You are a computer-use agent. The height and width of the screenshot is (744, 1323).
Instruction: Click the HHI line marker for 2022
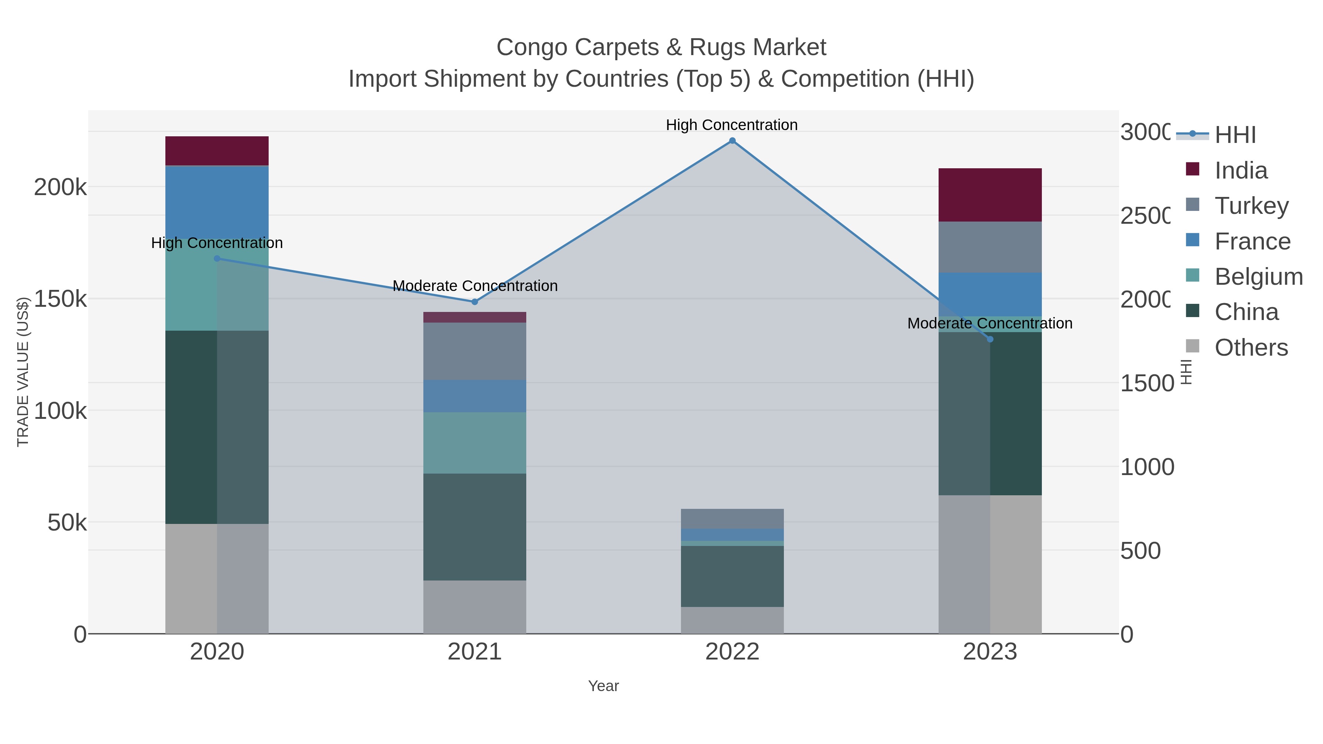[x=732, y=141]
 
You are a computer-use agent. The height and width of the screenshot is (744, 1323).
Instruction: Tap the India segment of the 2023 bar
[x=990, y=195]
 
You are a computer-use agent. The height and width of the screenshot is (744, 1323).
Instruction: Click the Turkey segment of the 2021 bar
[x=474, y=351]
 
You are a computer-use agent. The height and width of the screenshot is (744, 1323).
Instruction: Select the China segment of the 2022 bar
[x=732, y=576]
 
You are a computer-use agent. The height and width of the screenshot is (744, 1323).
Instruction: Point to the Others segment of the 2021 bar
[x=474, y=607]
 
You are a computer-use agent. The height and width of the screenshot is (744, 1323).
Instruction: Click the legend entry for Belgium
[x=1258, y=276]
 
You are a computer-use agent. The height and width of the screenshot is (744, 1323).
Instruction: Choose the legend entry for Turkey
[x=1251, y=205]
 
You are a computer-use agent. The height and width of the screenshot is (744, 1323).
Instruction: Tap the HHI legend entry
[x=1235, y=134]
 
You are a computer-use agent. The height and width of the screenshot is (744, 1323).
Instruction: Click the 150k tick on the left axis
[x=60, y=299]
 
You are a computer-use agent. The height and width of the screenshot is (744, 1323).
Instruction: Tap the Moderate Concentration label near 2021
[x=474, y=285]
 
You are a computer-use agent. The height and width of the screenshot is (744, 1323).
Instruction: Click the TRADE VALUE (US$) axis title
[x=22, y=372]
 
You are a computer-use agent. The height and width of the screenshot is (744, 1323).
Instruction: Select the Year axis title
[x=603, y=686]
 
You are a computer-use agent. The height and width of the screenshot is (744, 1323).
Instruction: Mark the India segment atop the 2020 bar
[x=217, y=150]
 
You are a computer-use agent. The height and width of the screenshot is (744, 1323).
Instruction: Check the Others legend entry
[x=1251, y=348]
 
